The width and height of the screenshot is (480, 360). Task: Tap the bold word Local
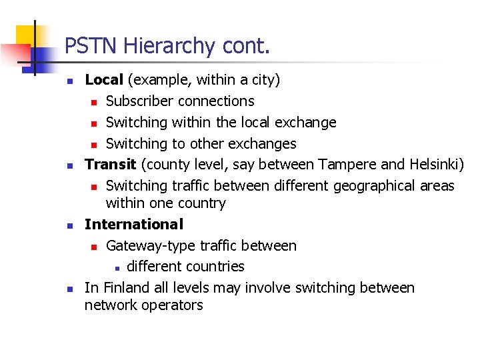click(104, 80)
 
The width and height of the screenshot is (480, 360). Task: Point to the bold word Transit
click(110, 164)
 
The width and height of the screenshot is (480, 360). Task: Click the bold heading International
click(133, 225)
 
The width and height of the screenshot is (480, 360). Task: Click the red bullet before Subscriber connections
click(95, 102)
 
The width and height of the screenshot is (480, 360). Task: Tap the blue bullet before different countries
click(116, 268)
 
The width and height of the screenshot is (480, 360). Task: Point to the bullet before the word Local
click(69, 81)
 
